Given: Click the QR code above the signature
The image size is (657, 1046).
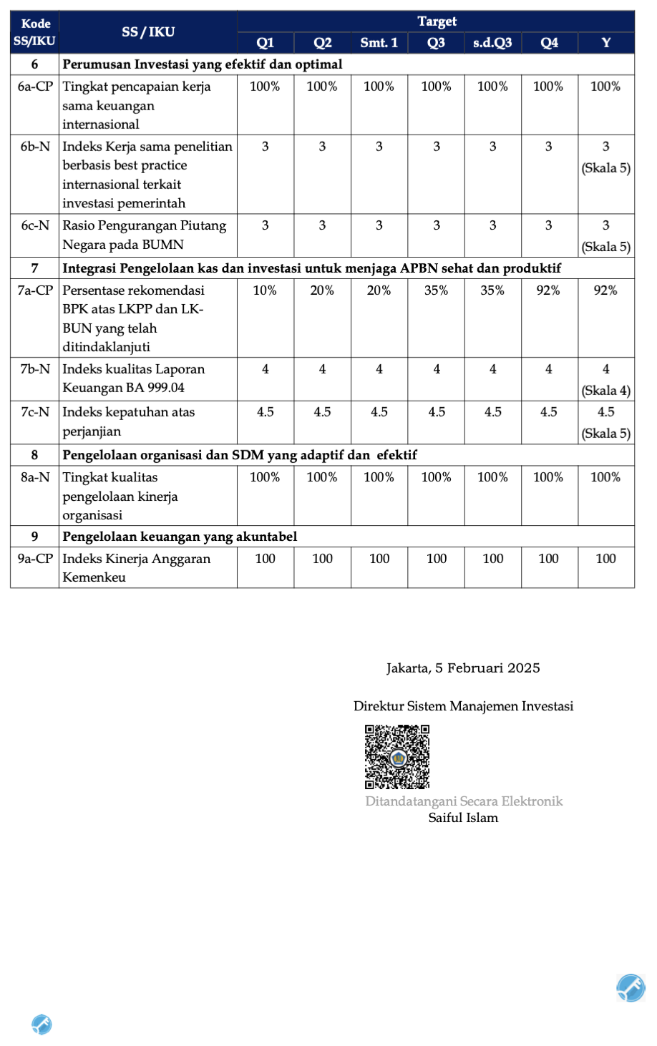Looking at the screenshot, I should [x=397, y=756].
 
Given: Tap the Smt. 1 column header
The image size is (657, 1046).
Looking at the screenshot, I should [x=379, y=43].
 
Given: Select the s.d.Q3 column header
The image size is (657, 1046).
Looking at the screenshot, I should [x=492, y=43].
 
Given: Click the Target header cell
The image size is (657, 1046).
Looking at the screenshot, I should [x=437, y=21].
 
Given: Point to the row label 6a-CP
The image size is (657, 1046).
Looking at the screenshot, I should [x=35, y=87].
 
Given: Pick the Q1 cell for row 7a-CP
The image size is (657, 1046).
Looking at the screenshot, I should [x=265, y=290].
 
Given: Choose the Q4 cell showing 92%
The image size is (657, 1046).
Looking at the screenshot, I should [x=548, y=290].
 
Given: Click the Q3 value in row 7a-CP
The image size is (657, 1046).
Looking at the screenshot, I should [x=437, y=290].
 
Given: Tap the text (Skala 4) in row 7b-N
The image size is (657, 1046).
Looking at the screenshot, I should [x=606, y=391].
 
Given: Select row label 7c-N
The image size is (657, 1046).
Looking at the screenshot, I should [x=35, y=412].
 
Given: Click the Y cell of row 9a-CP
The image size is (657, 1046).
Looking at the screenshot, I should [x=605, y=559].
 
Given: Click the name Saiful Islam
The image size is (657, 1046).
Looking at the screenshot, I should [x=463, y=818].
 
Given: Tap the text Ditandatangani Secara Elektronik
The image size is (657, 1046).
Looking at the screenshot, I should [x=464, y=801].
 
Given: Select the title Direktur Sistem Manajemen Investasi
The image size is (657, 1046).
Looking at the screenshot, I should [x=463, y=706].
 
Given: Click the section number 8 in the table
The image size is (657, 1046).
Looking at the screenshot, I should [x=34, y=455].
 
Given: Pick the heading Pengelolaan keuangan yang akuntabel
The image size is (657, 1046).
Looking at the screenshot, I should [x=180, y=537].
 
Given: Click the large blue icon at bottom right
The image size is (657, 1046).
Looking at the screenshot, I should [x=631, y=988].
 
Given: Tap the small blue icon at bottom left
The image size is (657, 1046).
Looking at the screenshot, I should [x=42, y=1025].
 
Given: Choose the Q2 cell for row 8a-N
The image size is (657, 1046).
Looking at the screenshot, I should [x=322, y=477].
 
